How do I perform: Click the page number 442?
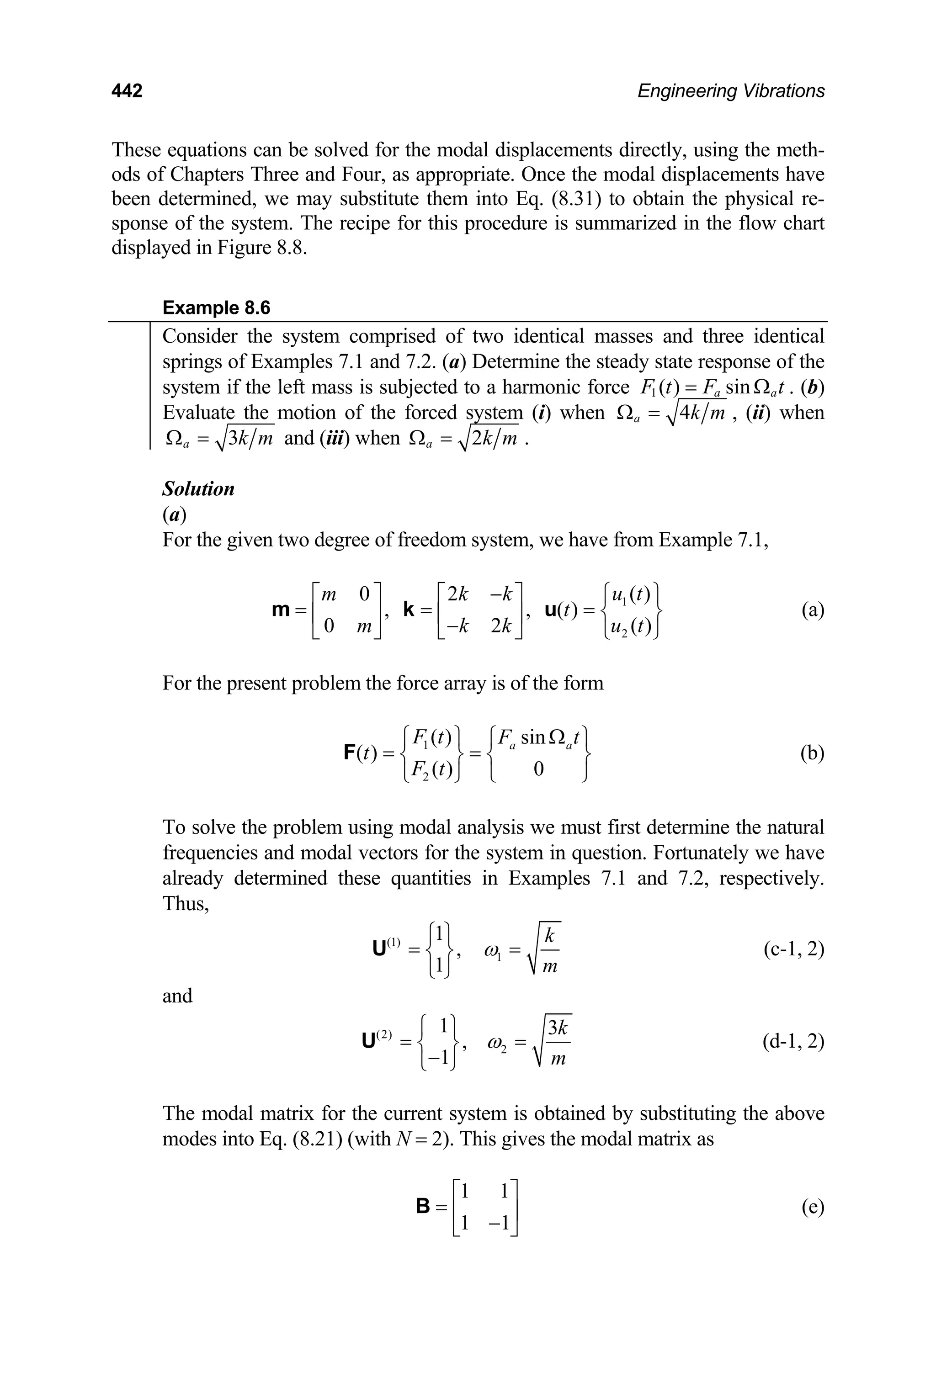pyautogui.click(x=127, y=91)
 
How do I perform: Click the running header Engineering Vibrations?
pyautogui.click(x=731, y=91)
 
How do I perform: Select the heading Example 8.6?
pyautogui.click(x=216, y=308)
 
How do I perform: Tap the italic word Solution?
pyautogui.click(x=198, y=489)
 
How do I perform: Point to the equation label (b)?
pyautogui.click(x=812, y=753)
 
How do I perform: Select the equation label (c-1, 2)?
pyautogui.click(x=793, y=949)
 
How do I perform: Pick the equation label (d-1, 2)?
pyautogui.click(x=793, y=1041)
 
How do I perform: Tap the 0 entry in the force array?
pyautogui.click(x=538, y=770)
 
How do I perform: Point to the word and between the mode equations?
pyautogui.click(x=177, y=996)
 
